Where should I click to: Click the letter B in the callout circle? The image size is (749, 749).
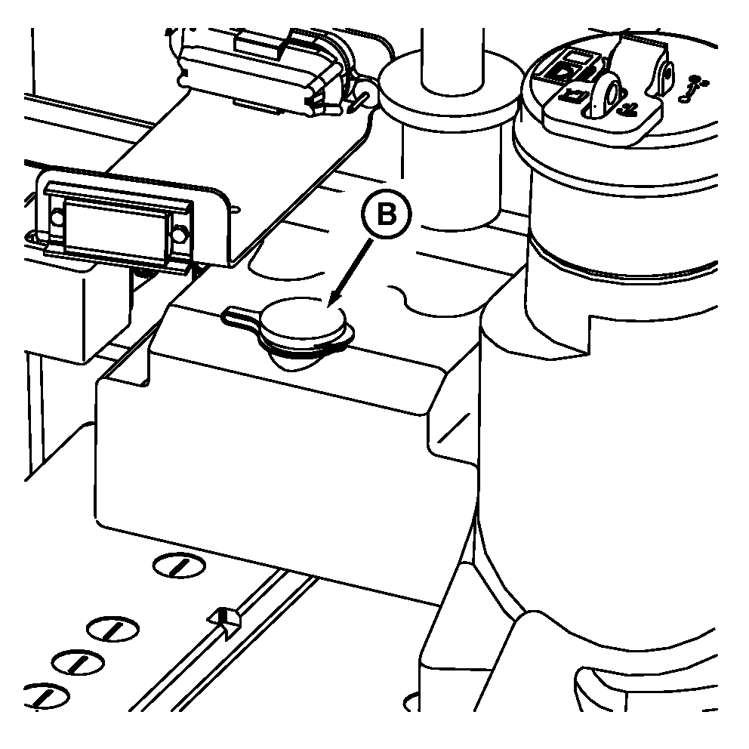[x=387, y=214]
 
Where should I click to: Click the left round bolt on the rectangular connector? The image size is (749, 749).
[x=57, y=217]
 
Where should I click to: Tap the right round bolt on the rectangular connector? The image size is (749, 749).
[x=179, y=234]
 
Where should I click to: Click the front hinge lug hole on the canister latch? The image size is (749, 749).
[x=610, y=92]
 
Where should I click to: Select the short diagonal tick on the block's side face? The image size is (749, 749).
[x=454, y=427]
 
